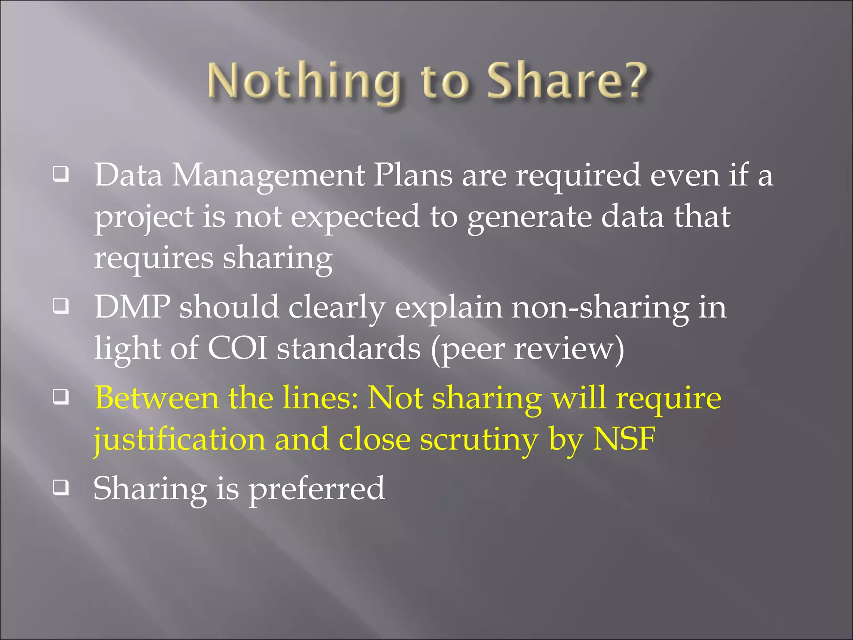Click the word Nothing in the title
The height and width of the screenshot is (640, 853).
click(x=304, y=81)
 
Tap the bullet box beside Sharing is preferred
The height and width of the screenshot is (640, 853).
click(x=61, y=487)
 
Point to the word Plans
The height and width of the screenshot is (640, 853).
click(x=412, y=175)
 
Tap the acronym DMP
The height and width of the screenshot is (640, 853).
click(x=132, y=307)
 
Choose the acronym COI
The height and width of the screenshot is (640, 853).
click(x=237, y=348)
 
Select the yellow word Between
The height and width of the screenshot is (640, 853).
click(x=157, y=397)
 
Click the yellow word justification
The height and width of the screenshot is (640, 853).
click(x=180, y=440)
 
